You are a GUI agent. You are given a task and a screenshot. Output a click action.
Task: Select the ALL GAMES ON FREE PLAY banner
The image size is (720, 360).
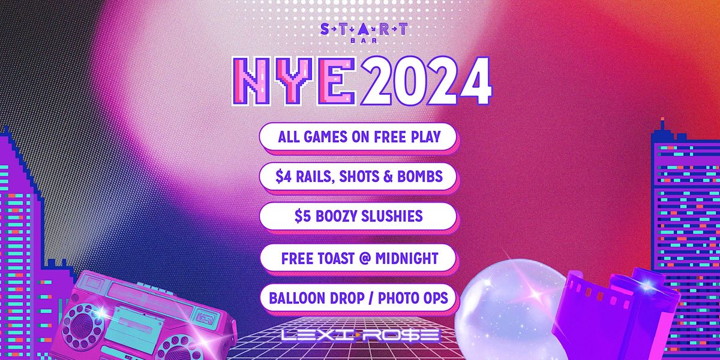coord(359,136)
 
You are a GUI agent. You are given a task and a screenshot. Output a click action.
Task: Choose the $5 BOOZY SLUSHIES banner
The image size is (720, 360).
coord(359,216)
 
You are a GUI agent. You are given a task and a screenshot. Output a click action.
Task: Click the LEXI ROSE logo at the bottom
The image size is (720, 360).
coord(359,335)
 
